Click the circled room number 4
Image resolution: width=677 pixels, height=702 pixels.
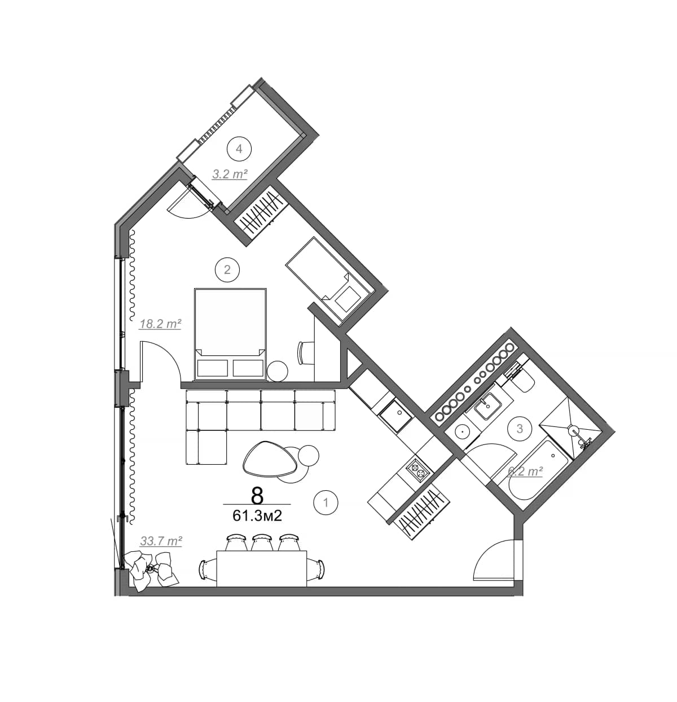pyautogui.click(x=239, y=149)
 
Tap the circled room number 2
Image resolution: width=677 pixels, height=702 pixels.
pyautogui.click(x=227, y=269)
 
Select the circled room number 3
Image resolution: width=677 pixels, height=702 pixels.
pyautogui.click(x=520, y=428)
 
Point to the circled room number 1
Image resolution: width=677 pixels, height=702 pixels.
pyautogui.click(x=326, y=502)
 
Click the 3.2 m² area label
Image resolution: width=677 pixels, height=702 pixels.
pyautogui.click(x=230, y=174)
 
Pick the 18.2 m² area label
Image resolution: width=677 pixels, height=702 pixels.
pyautogui.click(x=160, y=324)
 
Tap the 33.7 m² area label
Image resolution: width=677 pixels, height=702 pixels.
pyautogui.click(x=161, y=541)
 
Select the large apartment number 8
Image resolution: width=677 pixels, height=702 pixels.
pyautogui.click(x=257, y=495)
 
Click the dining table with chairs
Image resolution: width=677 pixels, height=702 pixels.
pyautogui.click(x=262, y=568)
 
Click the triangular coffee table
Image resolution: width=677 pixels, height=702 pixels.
pyautogui.click(x=270, y=458)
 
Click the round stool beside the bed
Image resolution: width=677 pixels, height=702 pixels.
pyautogui.click(x=277, y=370)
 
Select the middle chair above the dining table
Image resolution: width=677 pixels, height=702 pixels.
pyautogui.click(x=262, y=542)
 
